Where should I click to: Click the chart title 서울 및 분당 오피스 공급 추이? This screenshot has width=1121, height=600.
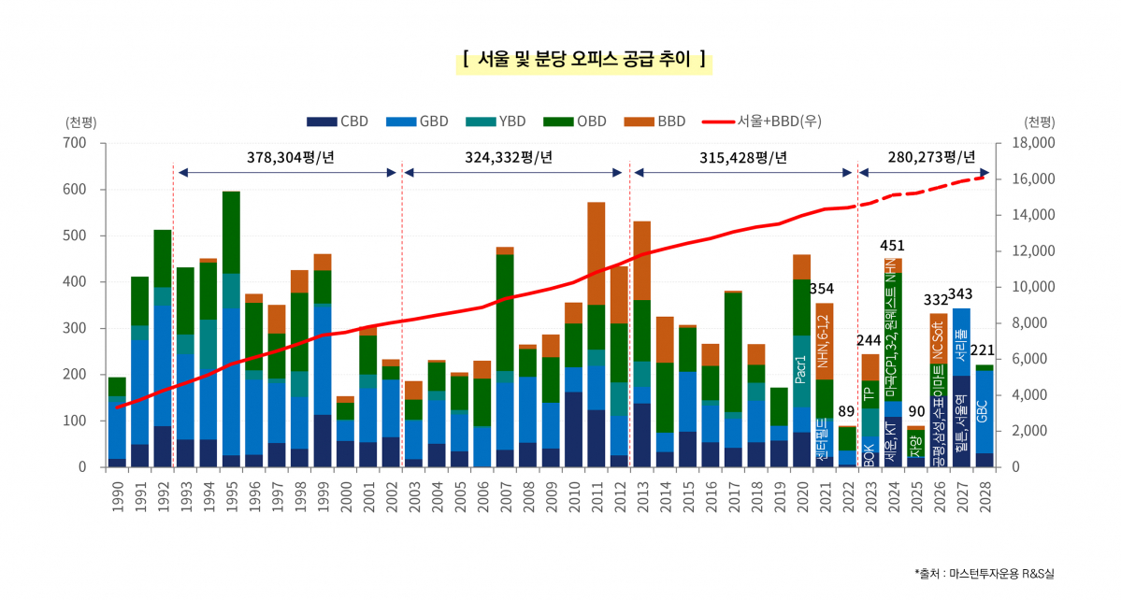(x=583, y=61)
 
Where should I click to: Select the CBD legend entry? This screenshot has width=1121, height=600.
(x=338, y=121)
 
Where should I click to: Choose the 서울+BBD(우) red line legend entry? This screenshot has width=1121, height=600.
(x=761, y=121)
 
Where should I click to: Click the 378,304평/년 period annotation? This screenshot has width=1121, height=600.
(x=290, y=156)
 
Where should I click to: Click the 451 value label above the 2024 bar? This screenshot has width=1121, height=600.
(x=893, y=246)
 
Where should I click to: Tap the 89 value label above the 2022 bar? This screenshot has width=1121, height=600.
(x=847, y=411)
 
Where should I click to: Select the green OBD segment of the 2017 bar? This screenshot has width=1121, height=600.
(x=733, y=351)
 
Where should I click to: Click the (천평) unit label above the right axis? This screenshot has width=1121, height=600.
(x=1039, y=121)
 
